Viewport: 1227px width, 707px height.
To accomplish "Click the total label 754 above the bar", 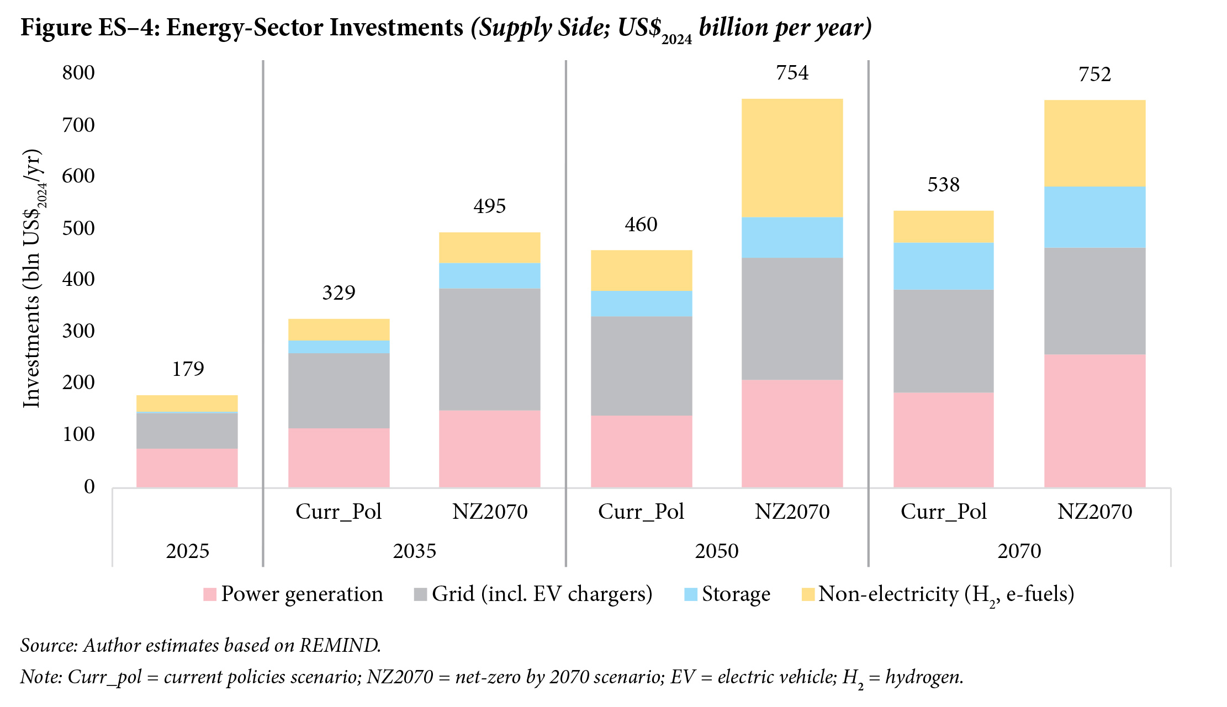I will tap(792, 73).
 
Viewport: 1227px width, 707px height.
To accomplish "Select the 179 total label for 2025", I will tap(188, 369).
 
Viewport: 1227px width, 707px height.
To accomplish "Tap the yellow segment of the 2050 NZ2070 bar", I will tap(792, 158).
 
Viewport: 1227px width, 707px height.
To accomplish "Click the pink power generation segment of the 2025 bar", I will tap(187, 467).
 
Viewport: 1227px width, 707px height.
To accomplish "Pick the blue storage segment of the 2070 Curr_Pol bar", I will tap(943, 266).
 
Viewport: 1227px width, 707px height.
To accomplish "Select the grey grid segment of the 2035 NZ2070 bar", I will tap(489, 349).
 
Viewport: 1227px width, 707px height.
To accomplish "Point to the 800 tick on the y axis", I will tap(78, 73).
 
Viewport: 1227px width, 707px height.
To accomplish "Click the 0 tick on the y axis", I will tap(89, 487).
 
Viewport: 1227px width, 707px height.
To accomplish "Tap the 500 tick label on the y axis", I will tap(78, 228).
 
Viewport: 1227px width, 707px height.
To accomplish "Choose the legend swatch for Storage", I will tap(690, 594).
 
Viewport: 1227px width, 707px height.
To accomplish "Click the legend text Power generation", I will tap(302, 594).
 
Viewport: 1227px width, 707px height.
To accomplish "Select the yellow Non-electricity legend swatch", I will tap(808, 594).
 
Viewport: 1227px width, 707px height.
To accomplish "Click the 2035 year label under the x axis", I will tap(414, 551).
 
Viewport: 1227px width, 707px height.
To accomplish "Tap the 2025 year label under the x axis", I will tap(188, 551).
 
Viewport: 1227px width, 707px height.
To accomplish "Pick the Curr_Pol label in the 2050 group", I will tap(641, 512).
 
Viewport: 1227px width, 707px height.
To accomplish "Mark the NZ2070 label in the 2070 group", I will tap(1094, 512).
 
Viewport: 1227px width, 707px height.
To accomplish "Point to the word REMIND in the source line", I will tap(340, 645).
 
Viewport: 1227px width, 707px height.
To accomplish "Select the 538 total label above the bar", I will tap(943, 184).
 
